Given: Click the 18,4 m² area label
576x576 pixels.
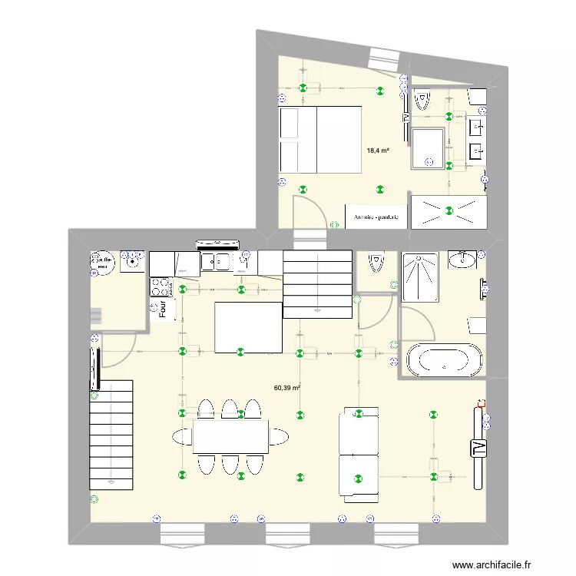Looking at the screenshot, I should pos(378,151).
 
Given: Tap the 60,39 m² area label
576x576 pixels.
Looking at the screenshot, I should pos(286,389).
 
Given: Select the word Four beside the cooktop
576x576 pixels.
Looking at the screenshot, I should pos(163,309).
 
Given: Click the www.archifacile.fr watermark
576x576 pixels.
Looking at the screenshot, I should pos(492,564).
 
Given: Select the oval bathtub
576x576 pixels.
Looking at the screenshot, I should pos(444,359).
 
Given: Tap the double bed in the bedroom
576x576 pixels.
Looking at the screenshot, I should pos(320,139).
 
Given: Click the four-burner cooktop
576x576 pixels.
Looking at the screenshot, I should pos(161,287).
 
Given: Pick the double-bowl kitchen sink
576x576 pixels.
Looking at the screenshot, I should pos(218,263).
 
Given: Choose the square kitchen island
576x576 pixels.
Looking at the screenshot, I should pos(247,327).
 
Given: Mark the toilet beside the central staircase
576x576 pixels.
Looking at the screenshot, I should pos(376,263).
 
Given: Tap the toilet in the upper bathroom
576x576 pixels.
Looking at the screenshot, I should pos(422,100).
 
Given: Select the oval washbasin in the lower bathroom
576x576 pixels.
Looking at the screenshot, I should pos(462,260).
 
